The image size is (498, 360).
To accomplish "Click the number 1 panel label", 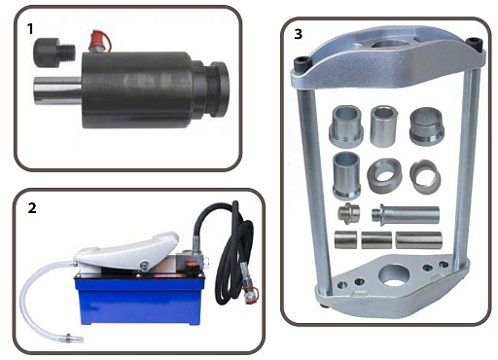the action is (30, 28).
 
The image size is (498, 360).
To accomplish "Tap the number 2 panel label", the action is (32, 208).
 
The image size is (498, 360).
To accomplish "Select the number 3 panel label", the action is (298, 34).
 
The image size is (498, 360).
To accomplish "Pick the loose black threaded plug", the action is (54, 53).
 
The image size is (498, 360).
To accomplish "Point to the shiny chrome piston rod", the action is (57, 90).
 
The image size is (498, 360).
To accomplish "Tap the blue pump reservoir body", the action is (140, 301).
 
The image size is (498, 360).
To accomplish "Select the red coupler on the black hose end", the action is (250, 295).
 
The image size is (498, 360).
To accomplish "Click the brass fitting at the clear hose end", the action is (74, 338).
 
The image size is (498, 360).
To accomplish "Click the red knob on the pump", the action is (192, 269).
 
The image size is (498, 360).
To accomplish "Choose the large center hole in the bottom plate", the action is (395, 275).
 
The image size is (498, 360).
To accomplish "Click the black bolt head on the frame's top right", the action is (475, 43).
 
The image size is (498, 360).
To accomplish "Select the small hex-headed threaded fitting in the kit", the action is (348, 213).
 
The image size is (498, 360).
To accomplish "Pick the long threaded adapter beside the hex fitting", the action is (406, 214).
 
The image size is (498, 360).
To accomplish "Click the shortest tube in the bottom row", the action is (345, 239).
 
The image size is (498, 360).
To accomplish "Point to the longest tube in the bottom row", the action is (419, 240).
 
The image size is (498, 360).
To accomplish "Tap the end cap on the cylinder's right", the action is (217, 90).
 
